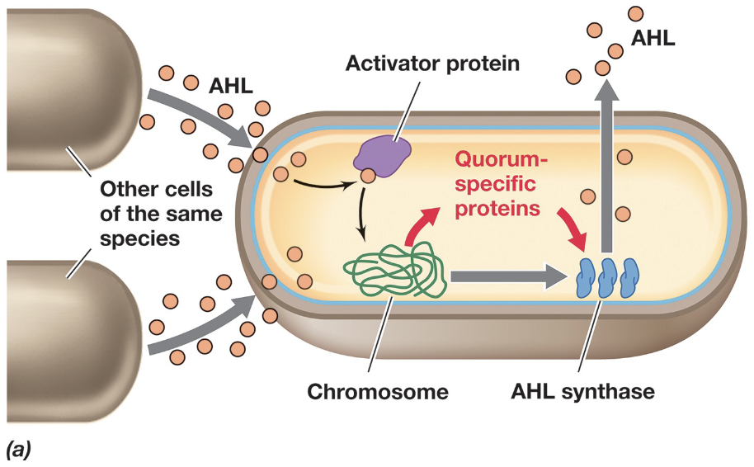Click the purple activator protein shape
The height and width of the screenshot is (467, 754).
click(x=384, y=153)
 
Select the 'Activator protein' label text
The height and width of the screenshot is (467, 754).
click(x=432, y=63)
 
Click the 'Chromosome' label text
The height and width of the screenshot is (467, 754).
click(x=378, y=390)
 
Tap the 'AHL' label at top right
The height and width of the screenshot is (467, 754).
click(x=653, y=38)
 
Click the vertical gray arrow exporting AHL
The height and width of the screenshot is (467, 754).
click(x=608, y=165)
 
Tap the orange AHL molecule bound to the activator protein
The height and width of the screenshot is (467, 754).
click(x=367, y=175)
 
